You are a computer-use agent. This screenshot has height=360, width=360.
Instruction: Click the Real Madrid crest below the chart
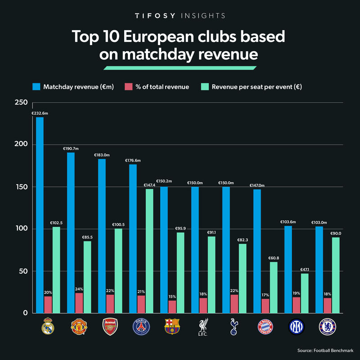[48, 327]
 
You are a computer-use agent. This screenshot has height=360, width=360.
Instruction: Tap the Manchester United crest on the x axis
[79, 327]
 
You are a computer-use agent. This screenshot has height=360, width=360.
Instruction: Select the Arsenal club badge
[110, 327]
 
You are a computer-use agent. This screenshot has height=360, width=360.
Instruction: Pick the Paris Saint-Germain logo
[141, 327]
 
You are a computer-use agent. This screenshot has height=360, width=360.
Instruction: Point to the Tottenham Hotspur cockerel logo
[234, 327]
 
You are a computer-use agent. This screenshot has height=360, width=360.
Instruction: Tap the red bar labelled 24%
[79, 303]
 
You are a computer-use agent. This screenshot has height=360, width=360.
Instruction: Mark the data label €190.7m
[71, 148]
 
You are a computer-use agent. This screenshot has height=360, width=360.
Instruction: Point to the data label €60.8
[274, 258]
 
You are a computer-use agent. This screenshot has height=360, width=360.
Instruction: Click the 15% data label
[171, 297]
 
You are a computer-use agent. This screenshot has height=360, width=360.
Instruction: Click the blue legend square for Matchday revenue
[36, 87]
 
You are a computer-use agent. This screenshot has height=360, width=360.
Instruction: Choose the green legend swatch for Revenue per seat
[204, 87]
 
